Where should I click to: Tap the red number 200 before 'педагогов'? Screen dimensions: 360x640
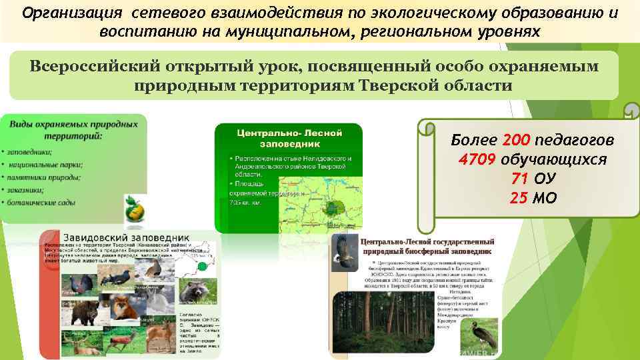516,141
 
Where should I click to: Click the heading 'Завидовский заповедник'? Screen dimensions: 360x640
126,237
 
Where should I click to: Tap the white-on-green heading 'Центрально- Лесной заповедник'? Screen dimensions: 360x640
288,138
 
